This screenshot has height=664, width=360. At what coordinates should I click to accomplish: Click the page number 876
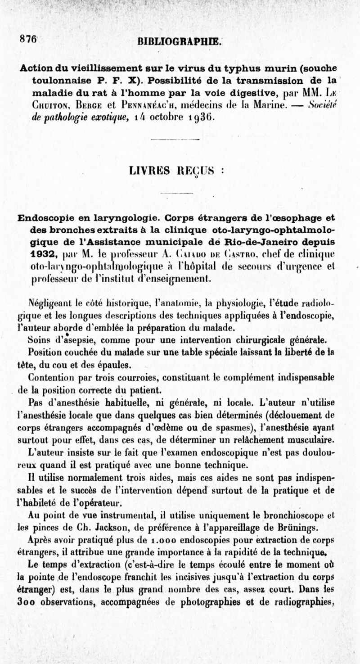tap(28, 38)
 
